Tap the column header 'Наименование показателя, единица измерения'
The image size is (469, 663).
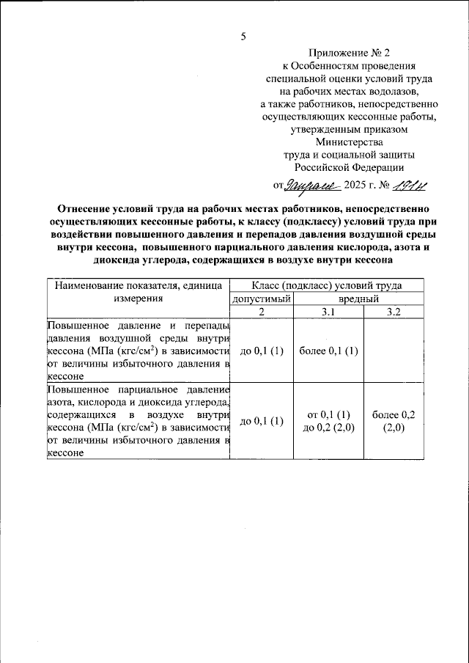pos(138,292)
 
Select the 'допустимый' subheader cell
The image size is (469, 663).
pos(262,299)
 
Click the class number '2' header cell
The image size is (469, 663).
pos(262,312)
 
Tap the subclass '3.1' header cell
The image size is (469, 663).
pos(329,312)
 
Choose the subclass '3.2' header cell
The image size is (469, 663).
pos(392,312)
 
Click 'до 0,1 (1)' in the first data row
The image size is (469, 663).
pos(262,350)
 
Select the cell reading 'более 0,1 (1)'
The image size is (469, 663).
pos(329,350)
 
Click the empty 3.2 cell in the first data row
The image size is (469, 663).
pos(392,350)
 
